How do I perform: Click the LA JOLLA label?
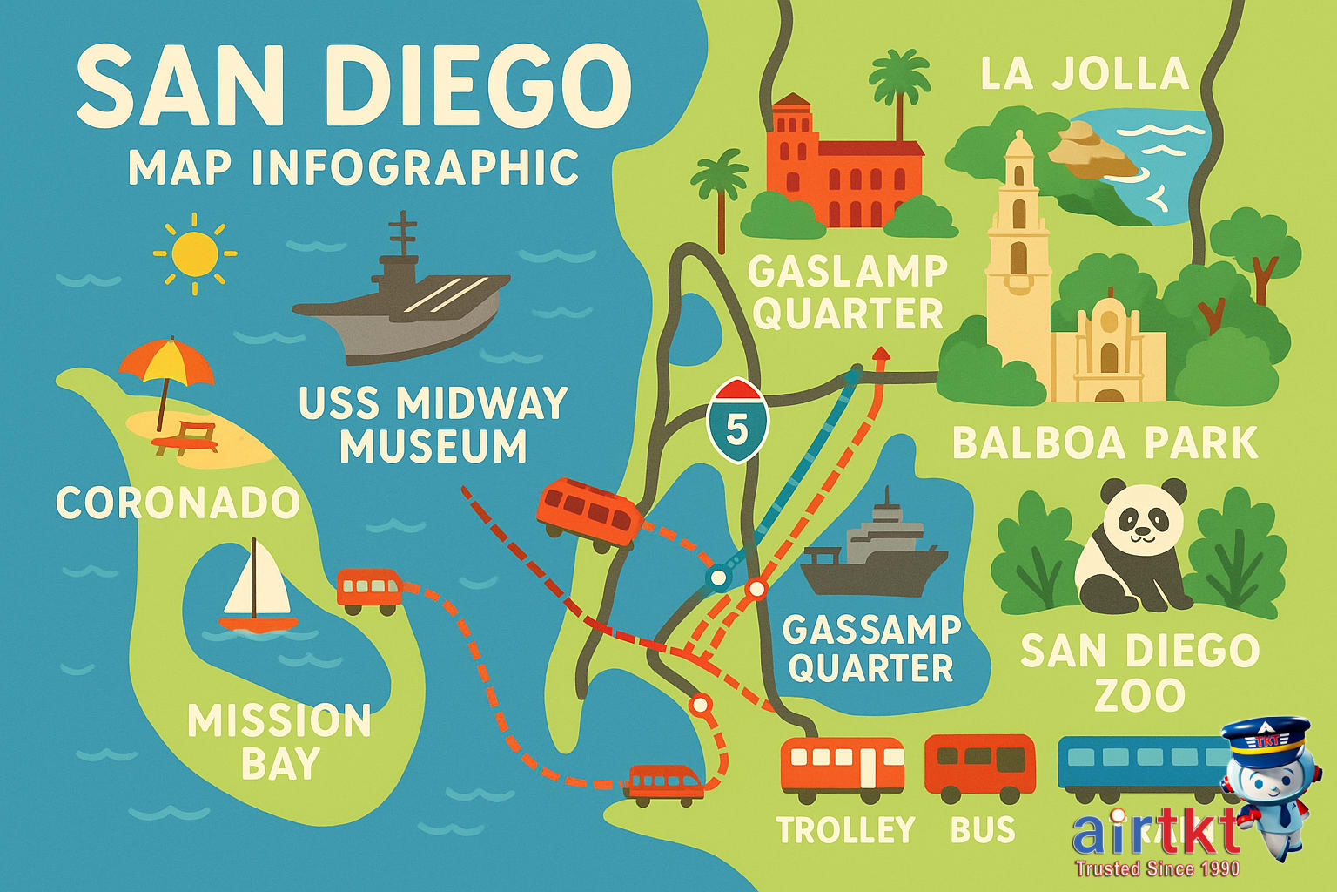pos(1085,74)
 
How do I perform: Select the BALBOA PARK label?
pos(1105,443)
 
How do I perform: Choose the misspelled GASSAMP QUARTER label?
pos(871,649)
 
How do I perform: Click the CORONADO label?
pos(178,503)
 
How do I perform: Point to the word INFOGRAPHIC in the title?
pos(415,168)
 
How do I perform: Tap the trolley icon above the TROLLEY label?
pos(842,767)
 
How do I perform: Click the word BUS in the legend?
pos(983,830)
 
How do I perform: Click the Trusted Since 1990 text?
pos(1157,868)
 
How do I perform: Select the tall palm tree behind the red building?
pos(899,87)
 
